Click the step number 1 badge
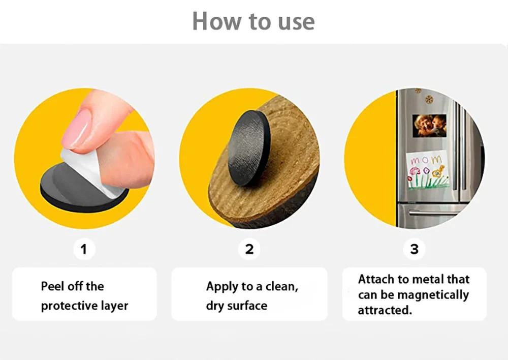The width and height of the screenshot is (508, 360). (x=84, y=249)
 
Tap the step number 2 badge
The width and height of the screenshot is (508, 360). (x=249, y=249)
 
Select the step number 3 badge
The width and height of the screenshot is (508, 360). (x=415, y=249)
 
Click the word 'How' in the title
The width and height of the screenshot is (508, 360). (x=217, y=21)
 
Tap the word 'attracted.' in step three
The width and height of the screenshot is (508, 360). (x=385, y=310)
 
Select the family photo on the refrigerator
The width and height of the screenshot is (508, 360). (x=429, y=126)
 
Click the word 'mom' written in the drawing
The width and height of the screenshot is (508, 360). (x=426, y=160)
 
